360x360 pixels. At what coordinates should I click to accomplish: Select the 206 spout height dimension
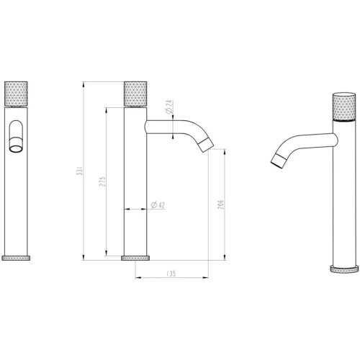[x=221, y=207]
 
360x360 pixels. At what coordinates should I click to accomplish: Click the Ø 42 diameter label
[x=158, y=207]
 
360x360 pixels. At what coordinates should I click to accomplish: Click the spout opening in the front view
[x=14, y=148]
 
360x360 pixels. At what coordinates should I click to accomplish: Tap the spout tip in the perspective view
[x=276, y=161]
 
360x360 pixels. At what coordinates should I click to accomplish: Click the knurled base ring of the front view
[x=17, y=257]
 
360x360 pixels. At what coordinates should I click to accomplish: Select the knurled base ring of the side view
[x=135, y=257]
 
